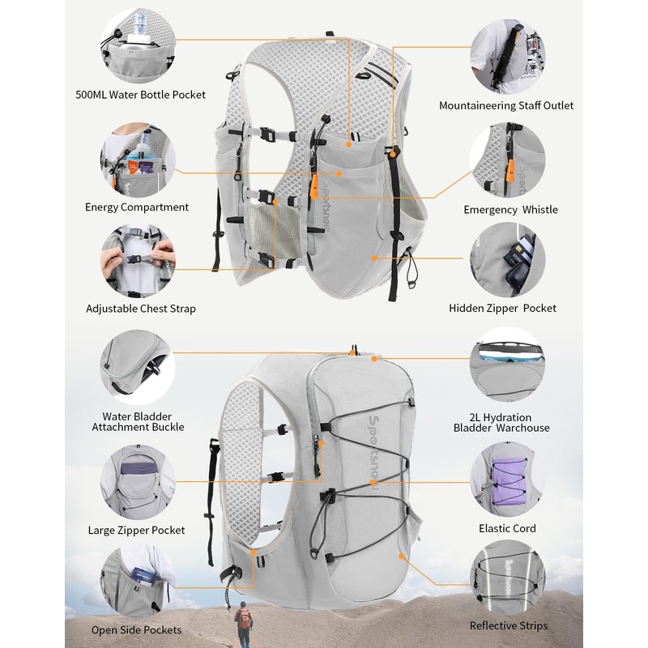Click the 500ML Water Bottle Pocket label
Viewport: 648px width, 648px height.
141,95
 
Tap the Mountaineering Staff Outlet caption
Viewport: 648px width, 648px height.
506,105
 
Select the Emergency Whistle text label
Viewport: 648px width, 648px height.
510,210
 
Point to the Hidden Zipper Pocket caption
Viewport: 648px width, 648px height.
502,308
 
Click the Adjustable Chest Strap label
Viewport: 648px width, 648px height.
141,309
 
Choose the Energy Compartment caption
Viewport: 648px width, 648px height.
137,207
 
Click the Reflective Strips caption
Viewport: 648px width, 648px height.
509,625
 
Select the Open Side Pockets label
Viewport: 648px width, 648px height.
136,629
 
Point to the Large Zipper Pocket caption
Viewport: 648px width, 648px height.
136,531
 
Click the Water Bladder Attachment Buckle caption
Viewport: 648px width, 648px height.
138,421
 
